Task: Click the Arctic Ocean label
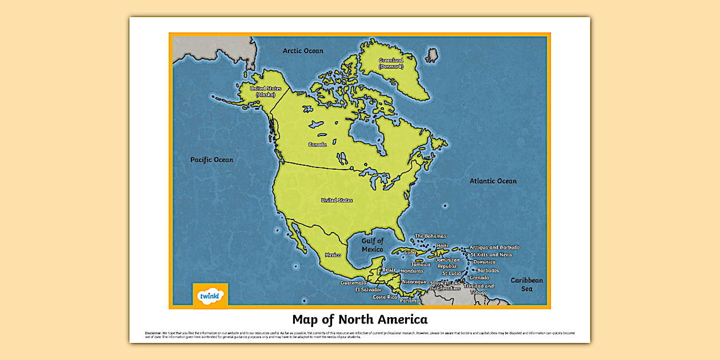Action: [x=303, y=51]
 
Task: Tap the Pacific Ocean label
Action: [x=211, y=160]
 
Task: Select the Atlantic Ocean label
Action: [x=493, y=181]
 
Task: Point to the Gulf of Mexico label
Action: [x=373, y=245]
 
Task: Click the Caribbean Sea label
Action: [x=526, y=285]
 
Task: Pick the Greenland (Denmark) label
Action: [x=391, y=63]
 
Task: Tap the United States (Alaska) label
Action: [x=266, y=91]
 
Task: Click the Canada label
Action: [x=317, y=145]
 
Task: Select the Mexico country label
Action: [x=333, y=255]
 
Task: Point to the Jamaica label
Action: [x=421, y=265]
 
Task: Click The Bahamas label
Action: [x=430, y=236]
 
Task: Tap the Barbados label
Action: [x=488, y=270]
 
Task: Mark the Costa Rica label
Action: [x=385, y=297]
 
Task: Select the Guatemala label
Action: [x=353, y=283]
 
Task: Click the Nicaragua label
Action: [x=414, y=282]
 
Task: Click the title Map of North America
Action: [x=359, y=319]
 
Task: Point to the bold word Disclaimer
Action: [x=153, y=333]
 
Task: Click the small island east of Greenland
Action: [x=432, y=55]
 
